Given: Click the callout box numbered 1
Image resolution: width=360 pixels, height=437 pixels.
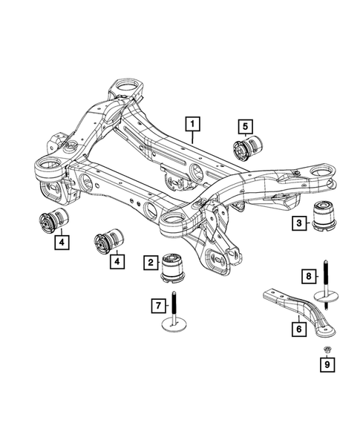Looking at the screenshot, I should (x=192, y=123).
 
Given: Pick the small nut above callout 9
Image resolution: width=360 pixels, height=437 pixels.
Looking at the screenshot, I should (x=327, y=349).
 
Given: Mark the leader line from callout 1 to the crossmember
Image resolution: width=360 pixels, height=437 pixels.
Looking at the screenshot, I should (x=193, y=136).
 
